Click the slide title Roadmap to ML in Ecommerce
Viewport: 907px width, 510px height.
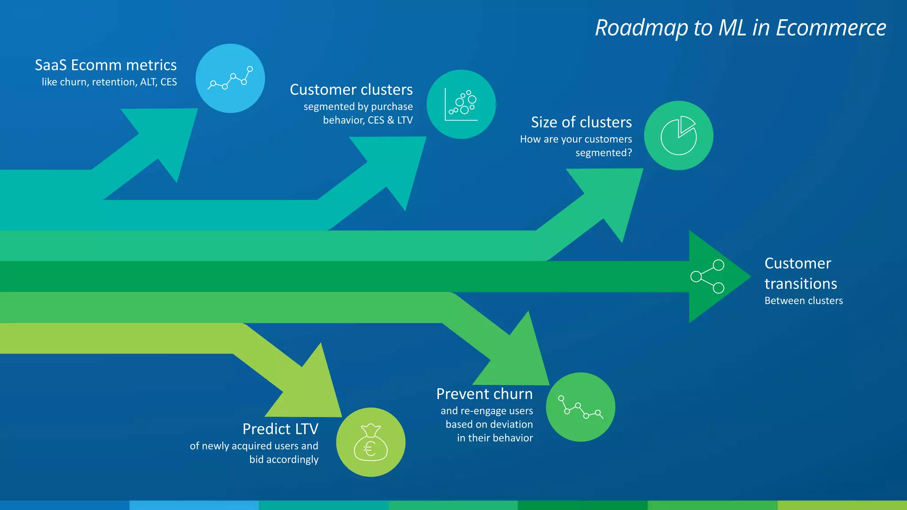point(740,28)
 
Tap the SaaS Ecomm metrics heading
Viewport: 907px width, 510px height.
point(106,65)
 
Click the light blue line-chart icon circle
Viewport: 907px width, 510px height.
point(230,78)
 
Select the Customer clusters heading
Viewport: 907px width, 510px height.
point(351,90)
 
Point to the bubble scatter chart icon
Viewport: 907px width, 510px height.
point(461,104)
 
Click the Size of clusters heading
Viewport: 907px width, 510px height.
point(581,122)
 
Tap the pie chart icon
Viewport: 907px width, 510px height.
point(678,135)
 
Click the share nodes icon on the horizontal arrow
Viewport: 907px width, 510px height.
point(707,277)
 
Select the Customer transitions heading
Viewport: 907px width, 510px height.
point(800,273)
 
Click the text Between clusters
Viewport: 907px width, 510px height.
point(803,301)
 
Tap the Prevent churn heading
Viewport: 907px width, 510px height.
point(485,394)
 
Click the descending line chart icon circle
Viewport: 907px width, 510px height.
point(580,407)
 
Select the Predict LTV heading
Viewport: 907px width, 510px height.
point(280,429)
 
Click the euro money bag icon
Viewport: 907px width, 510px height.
point(371,442)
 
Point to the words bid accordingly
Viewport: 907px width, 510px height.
point(283,460)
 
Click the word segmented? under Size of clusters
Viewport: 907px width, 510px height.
point(604,153)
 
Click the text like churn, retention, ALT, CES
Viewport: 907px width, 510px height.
point(109,82)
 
